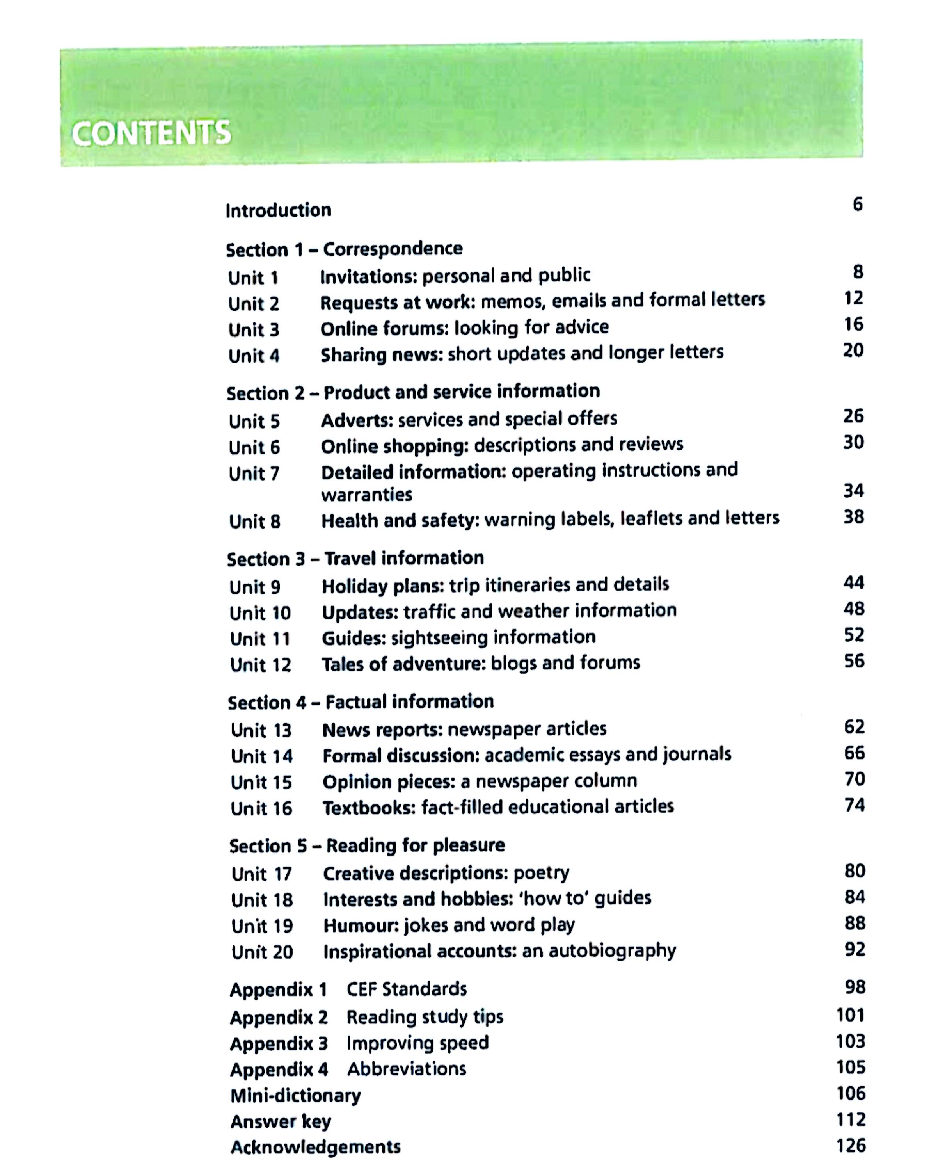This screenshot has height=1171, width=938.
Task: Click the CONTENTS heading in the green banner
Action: click(x=151, y=133)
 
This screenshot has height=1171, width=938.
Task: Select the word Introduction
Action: click(x=278, y=210)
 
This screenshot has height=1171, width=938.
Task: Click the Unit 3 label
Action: click(x=254, y=330)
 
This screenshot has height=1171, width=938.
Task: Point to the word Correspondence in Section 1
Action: click(x=393, y=249)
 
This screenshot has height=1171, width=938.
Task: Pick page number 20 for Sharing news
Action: click(x=853, y=350)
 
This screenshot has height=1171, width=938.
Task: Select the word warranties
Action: click(x=366, y=495)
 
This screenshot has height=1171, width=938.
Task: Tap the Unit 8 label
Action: click(x=254, y=521)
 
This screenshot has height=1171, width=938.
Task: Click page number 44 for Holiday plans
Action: click(x=853, y=583)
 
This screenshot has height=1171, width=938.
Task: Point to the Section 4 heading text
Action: click(x=361, y=702)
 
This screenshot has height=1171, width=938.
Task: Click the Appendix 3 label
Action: click(x=279, y=1043)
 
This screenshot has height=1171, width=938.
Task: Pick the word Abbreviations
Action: click(x=407, y=1069)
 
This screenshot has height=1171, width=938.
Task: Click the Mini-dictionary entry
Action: click(x=295, y=1096)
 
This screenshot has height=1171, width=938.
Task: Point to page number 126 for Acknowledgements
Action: click(x=850, y=1146)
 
